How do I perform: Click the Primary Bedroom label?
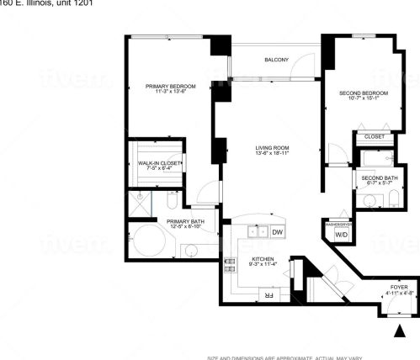170,87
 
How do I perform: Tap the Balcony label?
276,60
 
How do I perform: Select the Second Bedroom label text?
363,93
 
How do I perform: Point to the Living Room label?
272,149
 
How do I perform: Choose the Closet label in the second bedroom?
374,136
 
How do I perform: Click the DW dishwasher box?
277,231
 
